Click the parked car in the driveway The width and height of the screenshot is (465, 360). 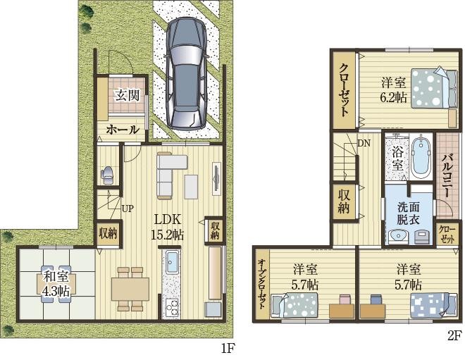(x=186, y=73)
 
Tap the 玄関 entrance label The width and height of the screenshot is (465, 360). (x=128, y=96)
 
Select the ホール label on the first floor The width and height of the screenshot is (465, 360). (x=123, y=130)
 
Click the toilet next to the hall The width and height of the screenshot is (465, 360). (x=107, y=175)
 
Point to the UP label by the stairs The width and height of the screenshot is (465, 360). (x=128, y=209)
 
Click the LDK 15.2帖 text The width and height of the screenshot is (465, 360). (x=167, y=227)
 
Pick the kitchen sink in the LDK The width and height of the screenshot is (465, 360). (x=172, y=262)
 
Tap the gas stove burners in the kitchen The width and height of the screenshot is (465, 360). (x=171, y=309)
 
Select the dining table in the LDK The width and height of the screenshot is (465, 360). (x=130, y=289)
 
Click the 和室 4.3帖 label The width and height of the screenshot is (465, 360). (x=56, y=284)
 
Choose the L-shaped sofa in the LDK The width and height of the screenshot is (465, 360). (x=169, y=175)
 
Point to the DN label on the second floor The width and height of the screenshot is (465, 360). (x=364, y=144)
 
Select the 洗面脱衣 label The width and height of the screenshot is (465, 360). (x=409, y=213)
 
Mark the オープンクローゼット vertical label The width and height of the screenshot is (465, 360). (x=261, y=284)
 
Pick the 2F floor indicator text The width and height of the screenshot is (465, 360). (x=454, y=335)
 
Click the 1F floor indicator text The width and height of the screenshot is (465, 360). (x=228, y=349)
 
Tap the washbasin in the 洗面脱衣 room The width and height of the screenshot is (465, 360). (x=397, y=237)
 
